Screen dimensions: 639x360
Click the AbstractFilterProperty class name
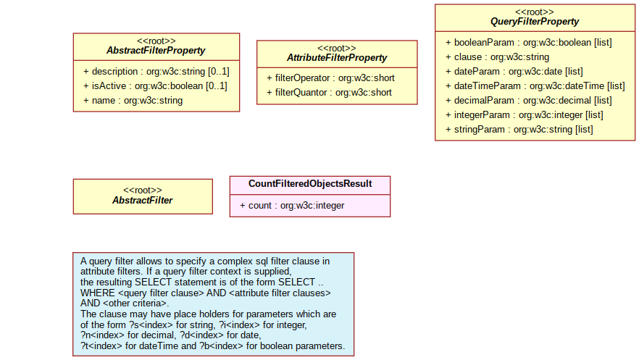(x=156, y=51)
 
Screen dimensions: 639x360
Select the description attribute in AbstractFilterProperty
(x=156, y=72)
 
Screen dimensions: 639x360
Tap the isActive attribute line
(x=155, y=86)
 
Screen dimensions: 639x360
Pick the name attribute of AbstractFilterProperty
(x=133, y=101)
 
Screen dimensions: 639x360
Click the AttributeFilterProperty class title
(x=337, y=58)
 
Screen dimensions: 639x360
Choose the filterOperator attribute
(x=330, y=78)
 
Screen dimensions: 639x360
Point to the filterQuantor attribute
(x=329, y=93)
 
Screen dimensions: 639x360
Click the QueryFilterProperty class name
(x=535, y=22)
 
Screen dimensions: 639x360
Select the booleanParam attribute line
(x=529, y=43)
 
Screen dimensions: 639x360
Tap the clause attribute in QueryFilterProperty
(x=497, y=57)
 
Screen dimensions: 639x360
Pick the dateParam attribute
(x=514, y=72)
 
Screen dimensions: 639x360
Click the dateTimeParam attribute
(x=535, y=86)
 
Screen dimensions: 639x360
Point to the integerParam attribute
(x=524, y=115)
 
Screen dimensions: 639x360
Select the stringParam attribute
(x=519, y=130)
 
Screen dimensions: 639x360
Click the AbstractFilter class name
(x=143, y=201)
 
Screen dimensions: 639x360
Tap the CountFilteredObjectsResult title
(x=310, y=184)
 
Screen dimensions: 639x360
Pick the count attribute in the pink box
(x=292, y=206)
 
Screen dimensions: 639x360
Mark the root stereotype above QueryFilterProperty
(x=535, y=12)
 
